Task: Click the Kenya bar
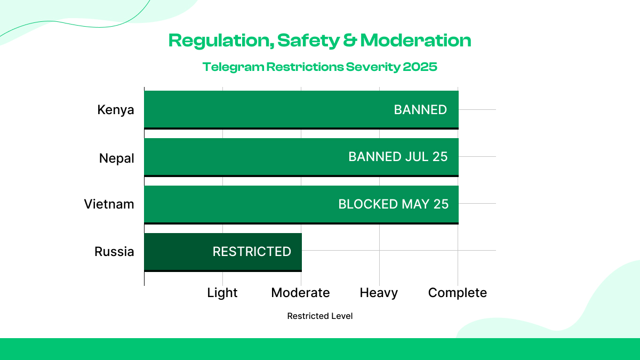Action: coord(267,109)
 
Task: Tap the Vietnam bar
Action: coord(240,204)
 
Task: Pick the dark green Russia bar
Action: coord(176,252)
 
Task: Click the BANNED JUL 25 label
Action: coord(398,157)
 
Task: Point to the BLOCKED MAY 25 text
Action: coord(394,204)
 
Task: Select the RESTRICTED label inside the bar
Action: coord(252,252)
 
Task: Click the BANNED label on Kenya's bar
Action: coord(420,110)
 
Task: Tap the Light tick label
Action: coord(222,293)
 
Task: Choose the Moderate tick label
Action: coord(300,293)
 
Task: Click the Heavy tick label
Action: coord(379,293)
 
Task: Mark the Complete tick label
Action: coord(458,293)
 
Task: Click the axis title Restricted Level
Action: coord(320,316)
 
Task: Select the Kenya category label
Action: coord(116,110)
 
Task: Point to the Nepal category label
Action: coord(117,158)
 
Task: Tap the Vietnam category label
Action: coord(109,204)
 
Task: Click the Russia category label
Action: coord(114,252)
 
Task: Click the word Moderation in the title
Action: coord(415,41)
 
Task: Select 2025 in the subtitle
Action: coord(420,67)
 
